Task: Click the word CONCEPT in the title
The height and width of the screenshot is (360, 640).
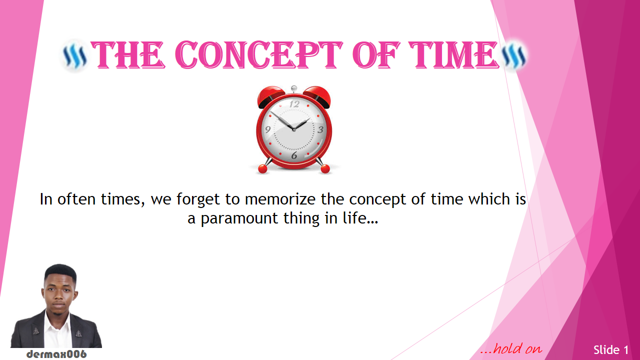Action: pos(258,54)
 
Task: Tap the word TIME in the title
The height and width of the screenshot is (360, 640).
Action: pos(453,54)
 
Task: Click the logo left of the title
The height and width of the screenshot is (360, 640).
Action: pos(75,56)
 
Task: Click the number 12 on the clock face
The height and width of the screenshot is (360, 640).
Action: pos(293,104)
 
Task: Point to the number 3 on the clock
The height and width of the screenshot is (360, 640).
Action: pos(320,129)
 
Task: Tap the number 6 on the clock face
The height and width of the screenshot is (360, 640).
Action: pos(294,155)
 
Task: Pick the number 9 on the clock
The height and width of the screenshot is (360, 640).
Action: pos(267,129)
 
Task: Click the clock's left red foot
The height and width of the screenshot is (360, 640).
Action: pos(262,168)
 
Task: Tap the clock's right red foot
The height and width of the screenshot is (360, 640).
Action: pos(325,168)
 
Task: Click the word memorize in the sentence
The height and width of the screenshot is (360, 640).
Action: pos(280,199)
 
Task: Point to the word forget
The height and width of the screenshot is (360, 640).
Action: pos(198,199)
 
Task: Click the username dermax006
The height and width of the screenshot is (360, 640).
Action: pos(56,354)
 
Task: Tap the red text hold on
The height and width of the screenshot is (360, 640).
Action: pos(511,349)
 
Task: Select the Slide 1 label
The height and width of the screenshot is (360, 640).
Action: pos(611,350)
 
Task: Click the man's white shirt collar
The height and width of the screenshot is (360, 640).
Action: pos(57,317)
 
